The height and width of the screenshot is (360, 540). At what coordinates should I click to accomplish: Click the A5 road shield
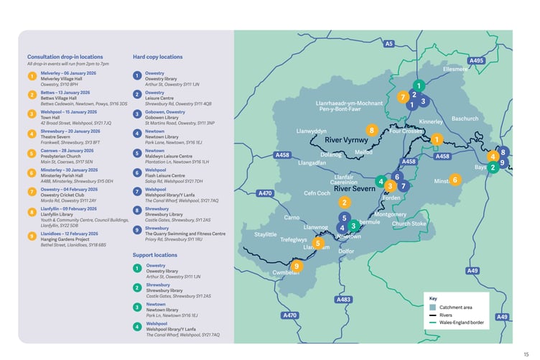(388, 44)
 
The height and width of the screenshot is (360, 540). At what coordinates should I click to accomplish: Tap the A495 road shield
(476, 61)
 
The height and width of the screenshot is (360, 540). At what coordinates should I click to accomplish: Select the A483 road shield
(344, 300)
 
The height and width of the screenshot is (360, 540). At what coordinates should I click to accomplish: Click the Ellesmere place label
(455, 70)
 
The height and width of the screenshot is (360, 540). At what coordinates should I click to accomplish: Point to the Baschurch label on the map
(465, 119)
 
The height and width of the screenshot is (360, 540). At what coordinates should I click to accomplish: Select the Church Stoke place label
(409, 223)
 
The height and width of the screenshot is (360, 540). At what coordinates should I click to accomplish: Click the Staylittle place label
(265, 234)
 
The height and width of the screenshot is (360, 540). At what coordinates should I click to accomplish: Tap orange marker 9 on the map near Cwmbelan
(296, 266)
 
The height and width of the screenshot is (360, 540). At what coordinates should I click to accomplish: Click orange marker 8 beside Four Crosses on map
(371, 130)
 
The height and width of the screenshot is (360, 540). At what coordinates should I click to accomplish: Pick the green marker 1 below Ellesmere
(419, 86)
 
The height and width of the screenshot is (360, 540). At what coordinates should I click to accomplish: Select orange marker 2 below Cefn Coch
(345, 203)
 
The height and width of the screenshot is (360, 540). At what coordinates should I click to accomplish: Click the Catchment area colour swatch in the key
(433, 307)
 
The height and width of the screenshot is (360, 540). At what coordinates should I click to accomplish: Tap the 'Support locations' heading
(155, 255)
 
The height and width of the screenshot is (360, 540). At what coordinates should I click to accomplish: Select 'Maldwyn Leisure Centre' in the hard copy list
(168, 156)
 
